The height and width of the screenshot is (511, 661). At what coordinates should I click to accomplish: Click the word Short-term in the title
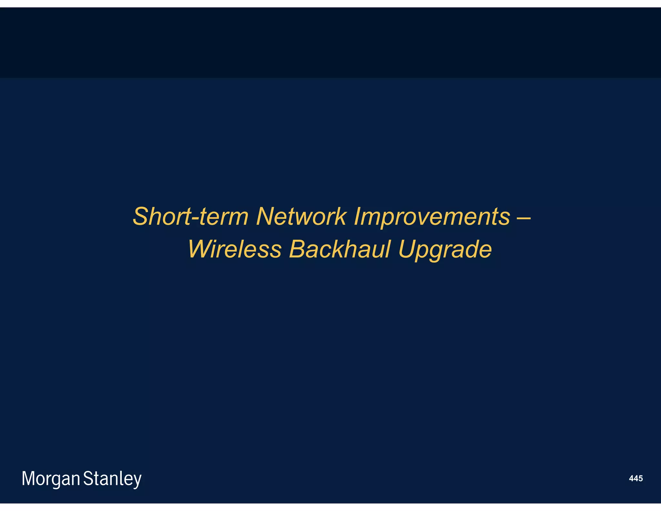[x=190, y=216]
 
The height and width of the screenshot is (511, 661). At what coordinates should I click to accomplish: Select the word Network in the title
[x=301, y=216]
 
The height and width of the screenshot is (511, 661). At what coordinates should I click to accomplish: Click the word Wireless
[x=235, y=249]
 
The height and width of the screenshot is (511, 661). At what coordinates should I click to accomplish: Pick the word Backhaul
[x=340, y=249]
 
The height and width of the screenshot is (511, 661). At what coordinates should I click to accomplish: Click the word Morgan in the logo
[x=51, y=479]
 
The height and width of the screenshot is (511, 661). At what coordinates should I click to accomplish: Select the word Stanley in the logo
[x=112, y=479]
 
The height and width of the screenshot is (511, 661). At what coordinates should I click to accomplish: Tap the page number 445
[x=636, y=478]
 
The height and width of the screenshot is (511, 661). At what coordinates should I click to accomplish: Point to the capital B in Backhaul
[x=297, y=249]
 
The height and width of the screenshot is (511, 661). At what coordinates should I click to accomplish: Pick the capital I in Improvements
[x=357, y=216]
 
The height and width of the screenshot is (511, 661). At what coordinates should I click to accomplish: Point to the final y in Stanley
[x=137, y=480]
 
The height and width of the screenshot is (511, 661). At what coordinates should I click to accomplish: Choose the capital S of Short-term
[x=141, y=216]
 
